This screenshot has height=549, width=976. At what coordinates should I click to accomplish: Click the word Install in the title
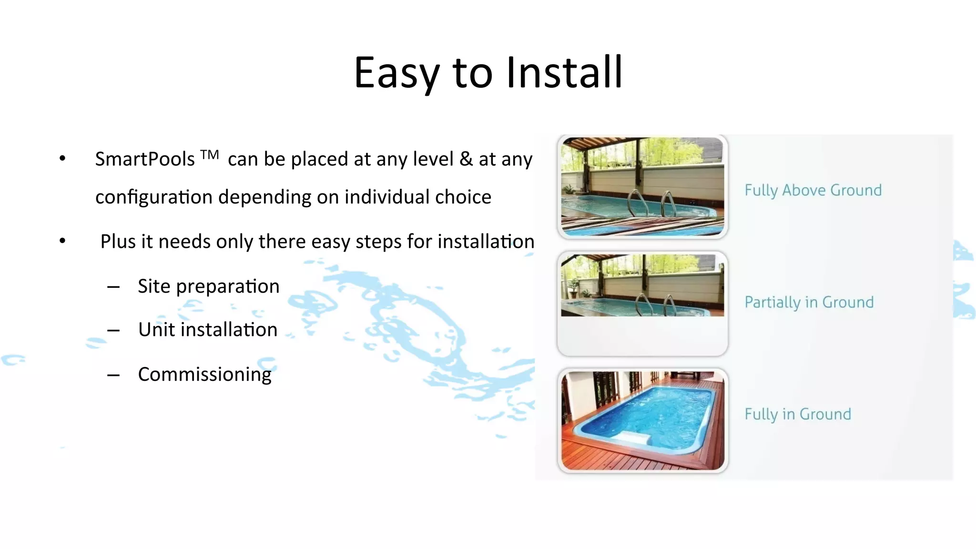coord(564,72)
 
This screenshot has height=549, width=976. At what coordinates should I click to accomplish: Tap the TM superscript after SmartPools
coord(210,154)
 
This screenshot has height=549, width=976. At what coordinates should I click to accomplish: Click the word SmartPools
coord(145,159)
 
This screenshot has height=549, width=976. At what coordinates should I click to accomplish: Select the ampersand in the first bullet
coord(466,159)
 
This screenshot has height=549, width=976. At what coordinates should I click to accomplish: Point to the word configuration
coord(153,197)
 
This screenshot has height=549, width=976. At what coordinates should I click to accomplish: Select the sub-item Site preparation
coord(208,286)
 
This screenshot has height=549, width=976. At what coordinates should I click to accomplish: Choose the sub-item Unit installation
coord(208,330)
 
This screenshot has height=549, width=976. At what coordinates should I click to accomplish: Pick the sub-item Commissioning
coord(204,375)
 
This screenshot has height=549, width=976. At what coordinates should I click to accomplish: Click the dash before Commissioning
coord(113,376)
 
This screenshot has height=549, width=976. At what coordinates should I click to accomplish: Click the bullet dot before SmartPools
coord(62,159)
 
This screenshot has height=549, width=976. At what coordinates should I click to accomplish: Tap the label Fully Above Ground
coord(813,190)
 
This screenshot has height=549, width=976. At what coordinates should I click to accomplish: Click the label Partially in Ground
coord(809,302)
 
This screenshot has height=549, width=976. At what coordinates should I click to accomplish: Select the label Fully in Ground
coord(798,414)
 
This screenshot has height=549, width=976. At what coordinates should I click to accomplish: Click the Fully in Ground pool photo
coord(642,420)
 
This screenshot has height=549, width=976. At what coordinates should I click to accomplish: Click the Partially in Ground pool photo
coord(642,286)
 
